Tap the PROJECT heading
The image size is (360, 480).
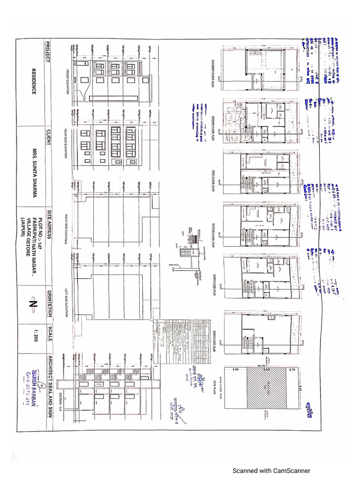[x=47, y=51]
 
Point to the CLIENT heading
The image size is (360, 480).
[x=47, y=136]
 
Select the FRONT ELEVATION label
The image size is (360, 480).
[x=67, y=82]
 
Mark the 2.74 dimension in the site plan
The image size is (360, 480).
[x=292, y=370]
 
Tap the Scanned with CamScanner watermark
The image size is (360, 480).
[x=272, y=471]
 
